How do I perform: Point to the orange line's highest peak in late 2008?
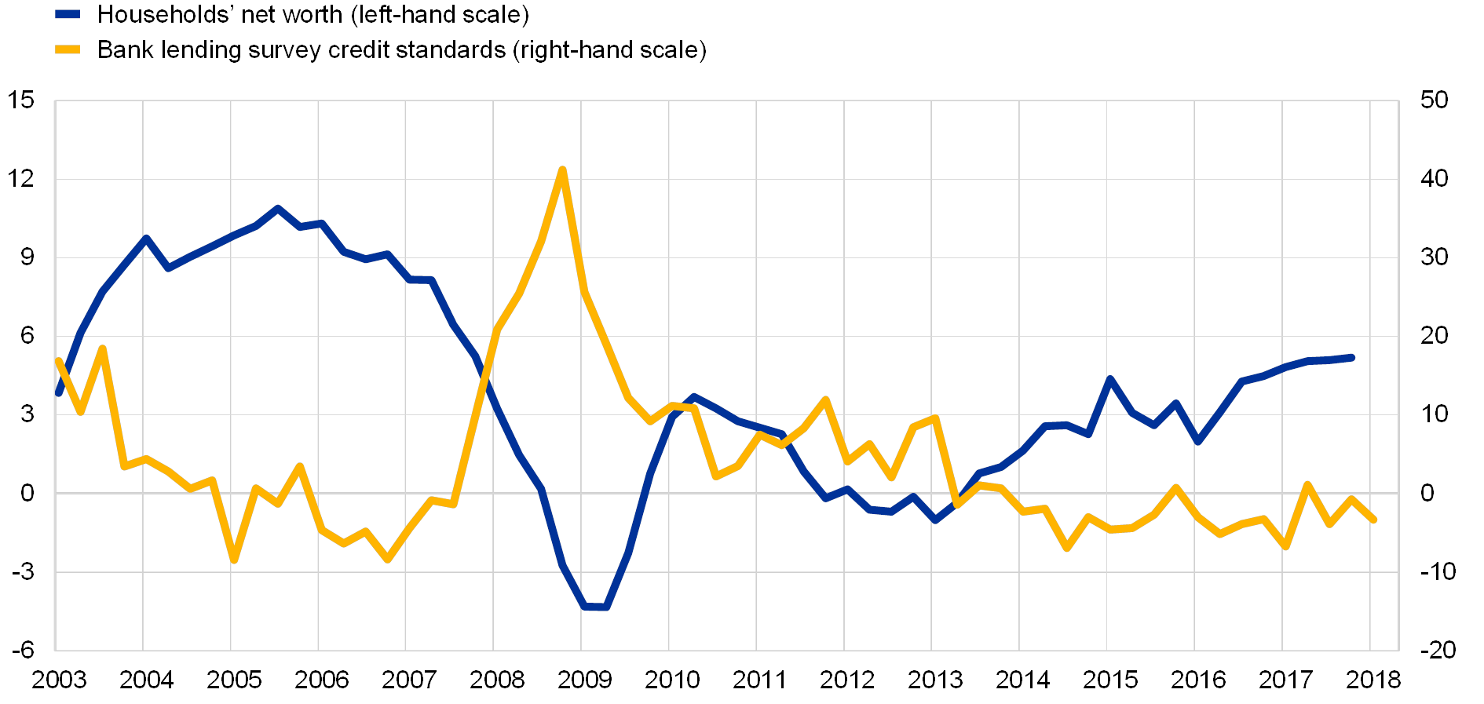coord(561,170)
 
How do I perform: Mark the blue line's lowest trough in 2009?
coord(594,607)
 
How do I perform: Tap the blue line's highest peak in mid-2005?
coord(277,209)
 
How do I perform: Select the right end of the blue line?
coord(1351,358)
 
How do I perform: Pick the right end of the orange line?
coord(1373,520)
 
